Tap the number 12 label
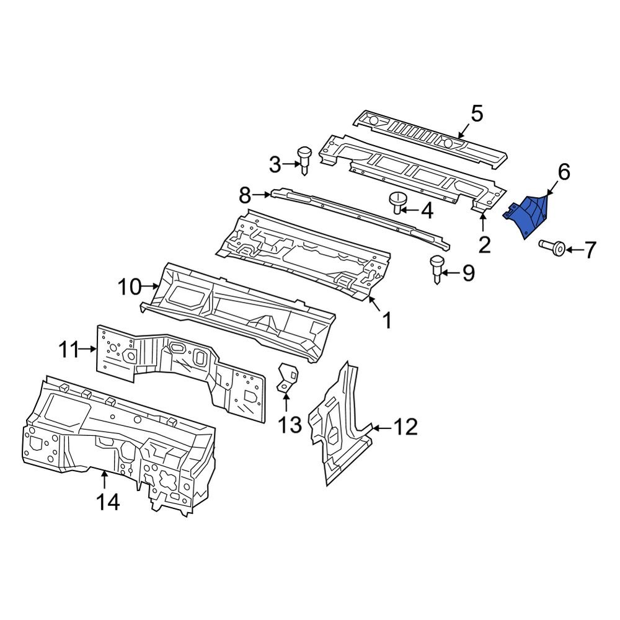pos(405,427)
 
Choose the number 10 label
pos(130,286)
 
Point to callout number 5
pos(476,114)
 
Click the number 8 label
pos(245,197)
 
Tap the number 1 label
pos(386,321)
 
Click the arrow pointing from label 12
pos(381,427)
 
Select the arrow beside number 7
pos(573,250)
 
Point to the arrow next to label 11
pos(87,350)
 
